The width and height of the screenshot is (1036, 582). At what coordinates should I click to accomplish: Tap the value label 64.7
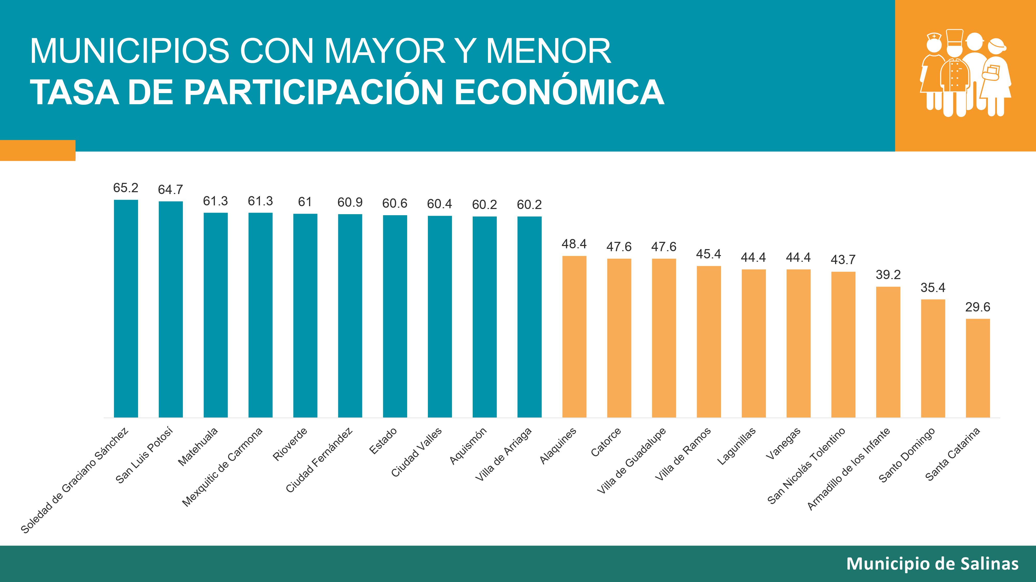coord(170,190)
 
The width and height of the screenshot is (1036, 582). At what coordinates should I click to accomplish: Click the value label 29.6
coord(978,307)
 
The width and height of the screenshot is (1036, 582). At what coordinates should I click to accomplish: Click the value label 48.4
coord(574,244)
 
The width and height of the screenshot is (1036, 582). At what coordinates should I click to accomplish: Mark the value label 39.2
coord(888,275)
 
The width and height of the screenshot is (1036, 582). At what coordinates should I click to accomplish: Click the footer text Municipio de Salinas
coord(932,564)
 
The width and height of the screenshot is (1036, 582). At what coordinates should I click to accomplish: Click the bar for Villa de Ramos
coord(709,341)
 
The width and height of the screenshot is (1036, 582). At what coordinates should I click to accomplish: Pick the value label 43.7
coord(843,260)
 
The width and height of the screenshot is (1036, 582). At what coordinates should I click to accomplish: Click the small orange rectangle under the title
coord(38,150)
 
